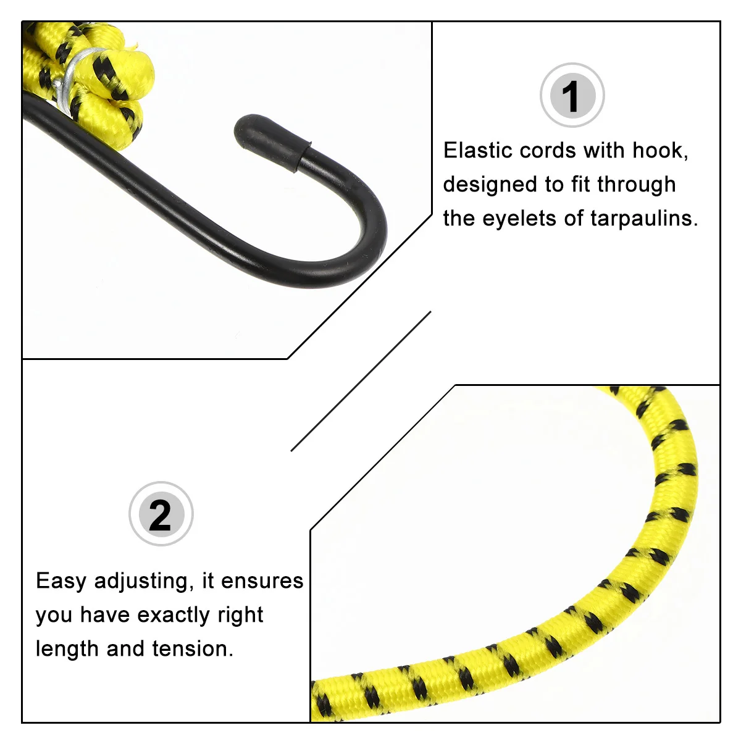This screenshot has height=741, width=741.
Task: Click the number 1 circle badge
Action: click(x=572, y=96)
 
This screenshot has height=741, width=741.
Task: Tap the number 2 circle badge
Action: click(x=161, y=514)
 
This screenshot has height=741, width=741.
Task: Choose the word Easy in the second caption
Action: click(x=61, y=581)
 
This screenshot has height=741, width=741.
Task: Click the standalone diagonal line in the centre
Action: click(x=361, y=381)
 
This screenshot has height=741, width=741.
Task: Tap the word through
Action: click(x=636, y=185)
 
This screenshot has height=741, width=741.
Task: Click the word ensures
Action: click(x=262, y=581)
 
